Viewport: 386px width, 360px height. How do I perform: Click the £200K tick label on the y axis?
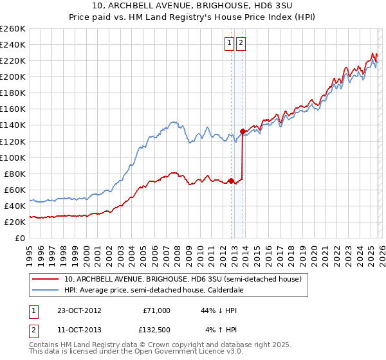(13, 76)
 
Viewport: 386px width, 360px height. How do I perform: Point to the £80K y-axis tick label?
(15, 174)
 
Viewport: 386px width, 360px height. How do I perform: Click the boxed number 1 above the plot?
(229, 43)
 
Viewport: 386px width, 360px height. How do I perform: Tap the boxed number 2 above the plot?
(241, 43)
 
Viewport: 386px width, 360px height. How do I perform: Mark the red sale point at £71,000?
(231, 181)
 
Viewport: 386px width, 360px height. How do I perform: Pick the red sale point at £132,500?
(243, 131)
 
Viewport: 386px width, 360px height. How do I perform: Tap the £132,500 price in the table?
(156, 330)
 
